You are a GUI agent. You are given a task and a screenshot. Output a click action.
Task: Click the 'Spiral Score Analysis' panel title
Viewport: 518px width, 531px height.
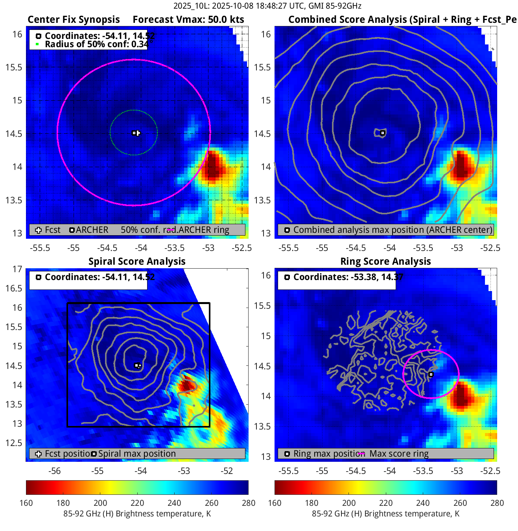[x=137, y=262]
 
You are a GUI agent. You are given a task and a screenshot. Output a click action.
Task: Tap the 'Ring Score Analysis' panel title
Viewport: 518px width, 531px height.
[x=385, y=262]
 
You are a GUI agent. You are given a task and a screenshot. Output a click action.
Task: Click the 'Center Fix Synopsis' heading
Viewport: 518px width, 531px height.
[x=74, y=20]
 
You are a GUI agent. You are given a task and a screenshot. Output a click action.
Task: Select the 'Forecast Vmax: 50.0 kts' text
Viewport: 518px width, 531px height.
[x=188, y=20]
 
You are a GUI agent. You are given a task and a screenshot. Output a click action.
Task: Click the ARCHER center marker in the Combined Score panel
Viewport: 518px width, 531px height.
[x=382, y=133]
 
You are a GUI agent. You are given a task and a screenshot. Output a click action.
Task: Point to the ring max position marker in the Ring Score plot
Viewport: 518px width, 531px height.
[x=431, y=374]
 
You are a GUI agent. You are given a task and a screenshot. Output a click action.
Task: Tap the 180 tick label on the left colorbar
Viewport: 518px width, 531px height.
[x=63, y=503]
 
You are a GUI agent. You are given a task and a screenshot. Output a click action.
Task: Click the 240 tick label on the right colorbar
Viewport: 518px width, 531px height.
[x=423, y=503]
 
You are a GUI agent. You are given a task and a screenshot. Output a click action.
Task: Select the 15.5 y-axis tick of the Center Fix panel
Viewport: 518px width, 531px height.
[x=14, y=67]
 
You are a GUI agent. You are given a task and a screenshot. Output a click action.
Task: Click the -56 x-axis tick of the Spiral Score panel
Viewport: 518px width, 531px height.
[x=54, y=471]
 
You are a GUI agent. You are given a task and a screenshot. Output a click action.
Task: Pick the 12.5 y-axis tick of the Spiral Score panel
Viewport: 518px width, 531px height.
[x=14, y=443]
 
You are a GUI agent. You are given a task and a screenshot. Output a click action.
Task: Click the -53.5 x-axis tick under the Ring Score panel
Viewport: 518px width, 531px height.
[x=423, y=471]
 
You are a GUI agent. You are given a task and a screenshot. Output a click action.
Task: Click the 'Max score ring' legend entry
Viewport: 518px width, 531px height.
[x=399, y=454]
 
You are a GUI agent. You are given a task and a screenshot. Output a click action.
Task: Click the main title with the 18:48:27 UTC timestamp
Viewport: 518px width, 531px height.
[x=267, y=6]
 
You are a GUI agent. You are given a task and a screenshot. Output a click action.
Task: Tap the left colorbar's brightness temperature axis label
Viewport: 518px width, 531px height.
[x=137, y=514]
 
